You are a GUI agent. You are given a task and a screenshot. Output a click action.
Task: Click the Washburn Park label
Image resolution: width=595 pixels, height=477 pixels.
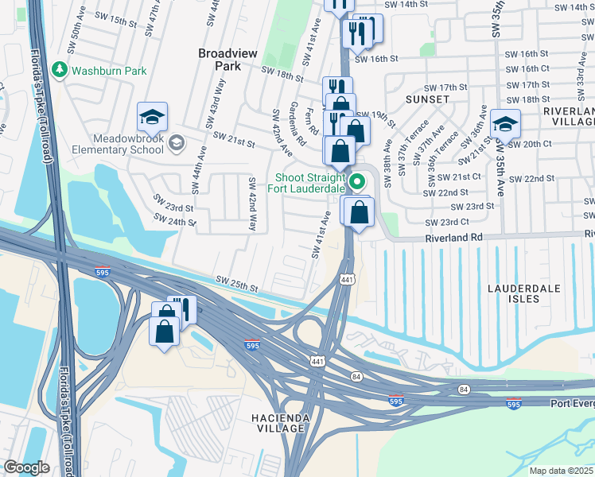(109, 71)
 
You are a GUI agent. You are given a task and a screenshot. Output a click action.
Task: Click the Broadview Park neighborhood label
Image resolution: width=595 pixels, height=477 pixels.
(227, 60)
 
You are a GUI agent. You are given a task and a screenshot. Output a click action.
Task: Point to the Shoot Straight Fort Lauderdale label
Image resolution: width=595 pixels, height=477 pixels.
(310, 183)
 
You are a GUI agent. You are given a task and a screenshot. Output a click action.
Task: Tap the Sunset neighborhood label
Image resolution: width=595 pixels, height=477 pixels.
(427, 99)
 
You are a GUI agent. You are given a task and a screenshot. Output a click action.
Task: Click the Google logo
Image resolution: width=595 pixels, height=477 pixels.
(26, 467)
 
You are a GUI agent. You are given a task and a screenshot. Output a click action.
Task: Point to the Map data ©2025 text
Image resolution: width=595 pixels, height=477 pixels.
(561, 471)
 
